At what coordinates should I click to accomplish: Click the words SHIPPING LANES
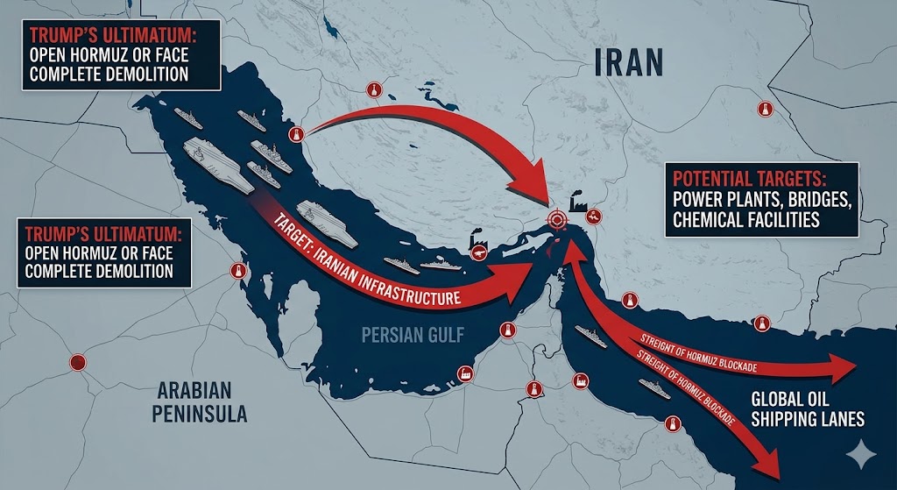[x=807, y=419]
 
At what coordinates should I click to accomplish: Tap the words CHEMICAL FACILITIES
[x=746, y=218]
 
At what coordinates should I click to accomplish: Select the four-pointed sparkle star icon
[x=862, y=454]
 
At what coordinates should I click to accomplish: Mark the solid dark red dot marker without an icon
[x=78, y=361]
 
